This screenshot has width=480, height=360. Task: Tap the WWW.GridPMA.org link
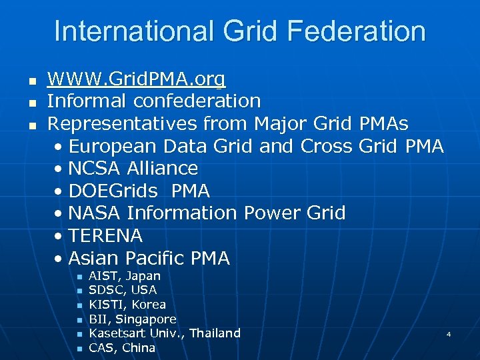[x=137, y=79]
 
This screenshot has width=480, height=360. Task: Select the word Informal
[x=87, y=101]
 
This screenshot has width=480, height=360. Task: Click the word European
[x=112, y=146]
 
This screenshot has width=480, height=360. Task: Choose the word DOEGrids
[x=113, y=191]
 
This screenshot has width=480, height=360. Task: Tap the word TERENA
[x=105, y=236]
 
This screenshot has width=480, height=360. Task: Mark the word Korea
[x=149, y=305]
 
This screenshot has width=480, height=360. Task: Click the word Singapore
[x=147, y=319]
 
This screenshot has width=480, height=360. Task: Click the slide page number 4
[x=449, y=334]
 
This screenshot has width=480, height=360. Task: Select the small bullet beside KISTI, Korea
[x=79, y=305]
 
